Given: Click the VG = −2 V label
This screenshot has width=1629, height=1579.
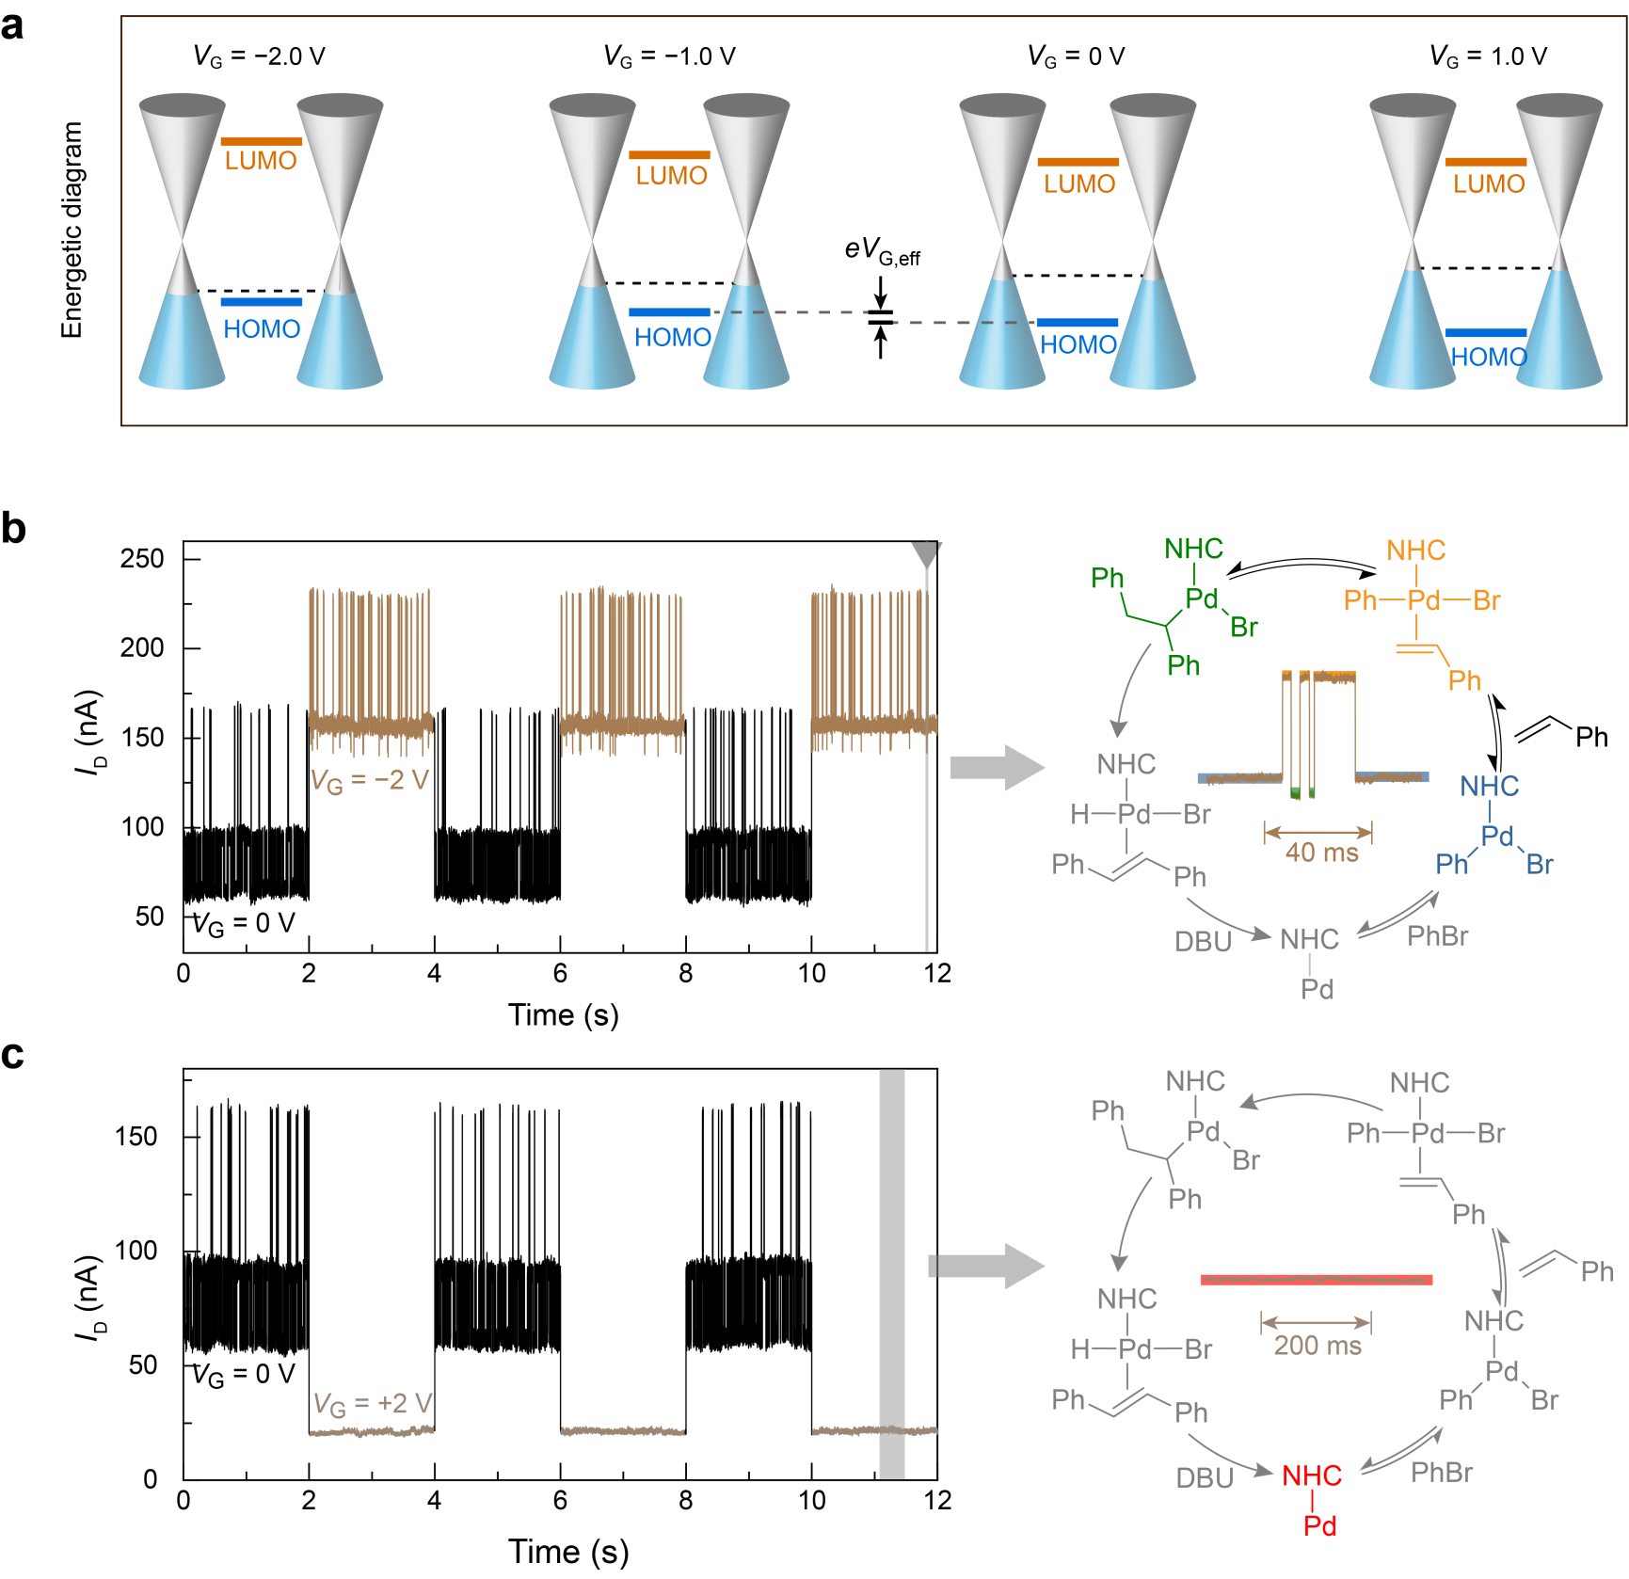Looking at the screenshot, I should click(370, 781).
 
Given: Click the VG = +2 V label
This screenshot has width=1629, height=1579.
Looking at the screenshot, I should click(373, 1404).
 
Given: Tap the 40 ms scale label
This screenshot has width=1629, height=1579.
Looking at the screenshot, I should click(1321, 853).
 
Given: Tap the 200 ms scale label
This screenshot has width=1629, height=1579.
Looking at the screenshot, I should click(1318, 1346).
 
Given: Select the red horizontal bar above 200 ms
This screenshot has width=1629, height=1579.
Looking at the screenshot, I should click(1316, 1280).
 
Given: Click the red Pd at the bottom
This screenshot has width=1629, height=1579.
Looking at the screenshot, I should click(1319, 1525).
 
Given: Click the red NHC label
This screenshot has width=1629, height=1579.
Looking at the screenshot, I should click(1312, 1475).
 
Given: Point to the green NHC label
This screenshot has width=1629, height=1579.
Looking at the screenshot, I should click(1193, 549).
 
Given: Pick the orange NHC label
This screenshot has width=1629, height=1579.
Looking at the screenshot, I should click(1415, 550).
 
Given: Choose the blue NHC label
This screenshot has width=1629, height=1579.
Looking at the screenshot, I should click(1489, 786).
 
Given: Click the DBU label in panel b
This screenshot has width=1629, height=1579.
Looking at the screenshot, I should click(1203, 942).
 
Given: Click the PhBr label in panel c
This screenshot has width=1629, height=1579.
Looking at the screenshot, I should click(1442, 1473).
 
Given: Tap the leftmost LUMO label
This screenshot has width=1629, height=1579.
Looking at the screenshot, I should click(261, 161).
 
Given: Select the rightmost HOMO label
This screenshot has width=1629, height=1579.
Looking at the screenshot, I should click(1487, 358).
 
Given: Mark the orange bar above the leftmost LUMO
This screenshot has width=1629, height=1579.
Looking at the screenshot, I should click(261, 141).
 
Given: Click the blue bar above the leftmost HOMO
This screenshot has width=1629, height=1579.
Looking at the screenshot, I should click(261, 302).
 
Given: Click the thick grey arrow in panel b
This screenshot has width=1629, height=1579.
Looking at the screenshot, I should click(997, 768).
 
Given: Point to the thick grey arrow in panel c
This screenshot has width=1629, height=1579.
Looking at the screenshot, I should click(988, 1266).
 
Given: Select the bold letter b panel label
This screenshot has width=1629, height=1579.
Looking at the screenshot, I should click(13, 528).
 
